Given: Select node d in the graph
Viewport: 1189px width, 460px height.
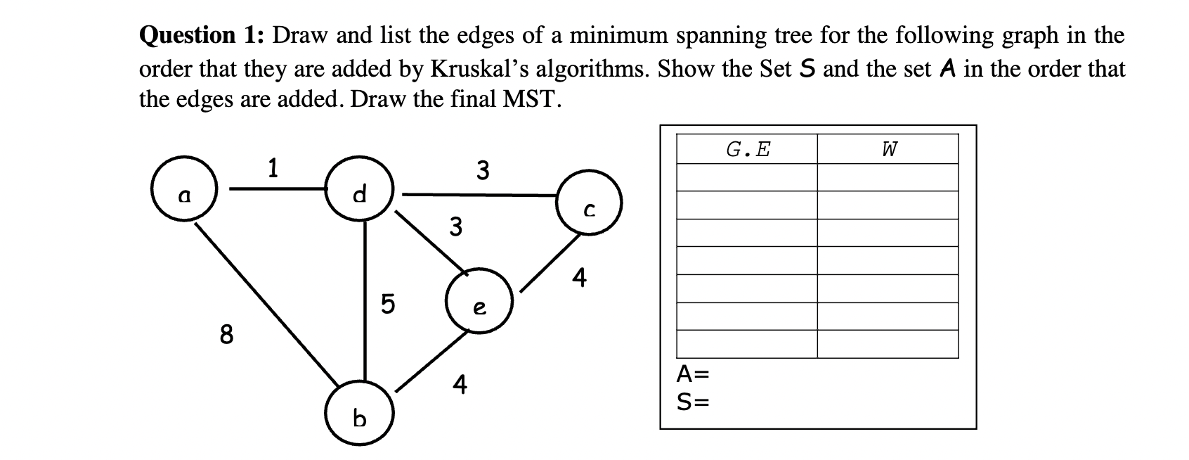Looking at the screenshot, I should click(360, 191).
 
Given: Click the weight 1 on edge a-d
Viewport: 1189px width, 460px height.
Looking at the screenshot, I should click(273, 168).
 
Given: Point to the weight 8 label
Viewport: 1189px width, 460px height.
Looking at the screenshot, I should click(226, 335).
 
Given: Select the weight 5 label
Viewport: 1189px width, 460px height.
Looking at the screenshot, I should click(387, 304).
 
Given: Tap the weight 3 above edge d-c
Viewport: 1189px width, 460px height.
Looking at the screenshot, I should click(482, 170).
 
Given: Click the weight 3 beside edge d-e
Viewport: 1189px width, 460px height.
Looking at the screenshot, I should click(456, 227).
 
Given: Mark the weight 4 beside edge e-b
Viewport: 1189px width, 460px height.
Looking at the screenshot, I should click(459, 385).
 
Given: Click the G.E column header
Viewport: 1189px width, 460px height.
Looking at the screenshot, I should click(747, 149).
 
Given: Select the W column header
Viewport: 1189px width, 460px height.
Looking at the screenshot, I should click(888, 149).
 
